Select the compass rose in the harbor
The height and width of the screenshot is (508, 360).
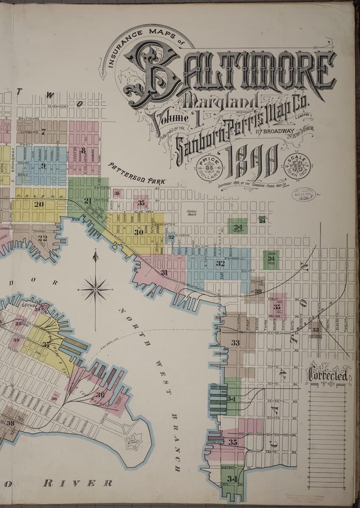[x=95, y=290]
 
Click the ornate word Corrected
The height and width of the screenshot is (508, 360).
[x=328, y=375]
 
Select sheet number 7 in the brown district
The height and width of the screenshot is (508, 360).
[x=43, y=131]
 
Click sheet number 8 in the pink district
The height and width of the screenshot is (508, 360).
[x=83, y=150]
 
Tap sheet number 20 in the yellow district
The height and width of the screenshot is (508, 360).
[x=39, y=204]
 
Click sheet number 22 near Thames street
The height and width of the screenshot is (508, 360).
[x=42, y=238]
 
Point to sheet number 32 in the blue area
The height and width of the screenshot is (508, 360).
[x=220, y=263]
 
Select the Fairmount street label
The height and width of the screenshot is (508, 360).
[x=58, y=106]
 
